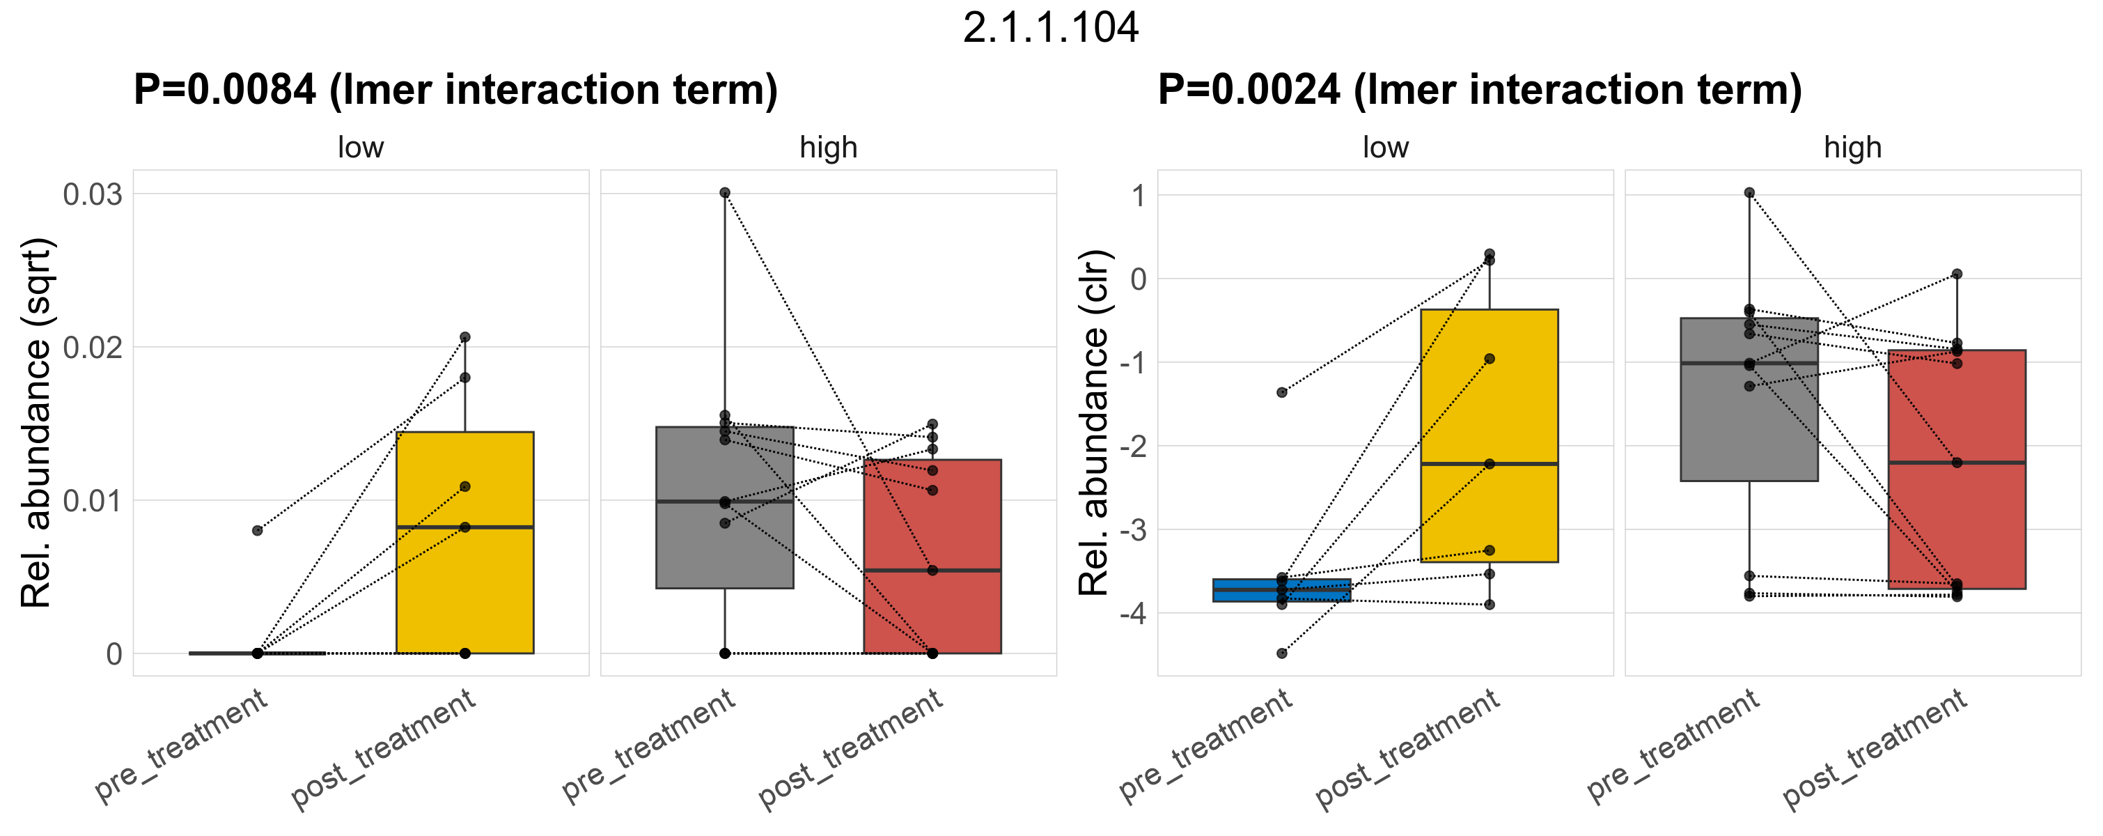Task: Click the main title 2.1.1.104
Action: [1050, 28]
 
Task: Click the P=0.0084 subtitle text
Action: [455, 89]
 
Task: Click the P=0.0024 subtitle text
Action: [1479, 89]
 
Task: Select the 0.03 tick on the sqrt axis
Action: [92, 194]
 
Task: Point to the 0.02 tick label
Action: [92, 347]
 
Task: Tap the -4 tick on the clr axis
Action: [1132, 613]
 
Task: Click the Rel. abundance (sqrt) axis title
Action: [36, 423]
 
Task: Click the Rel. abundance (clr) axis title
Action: [1094, 423]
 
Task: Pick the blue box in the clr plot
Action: [1282, 590]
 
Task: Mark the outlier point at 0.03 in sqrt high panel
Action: [725, 193]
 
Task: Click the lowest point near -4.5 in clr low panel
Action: [1282, 653]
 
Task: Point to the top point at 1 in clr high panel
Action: [1749, 193]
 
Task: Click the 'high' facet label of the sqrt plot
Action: [828, 148]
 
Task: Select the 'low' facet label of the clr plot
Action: [1384, 148]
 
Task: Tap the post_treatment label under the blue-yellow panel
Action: [1407, 749]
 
